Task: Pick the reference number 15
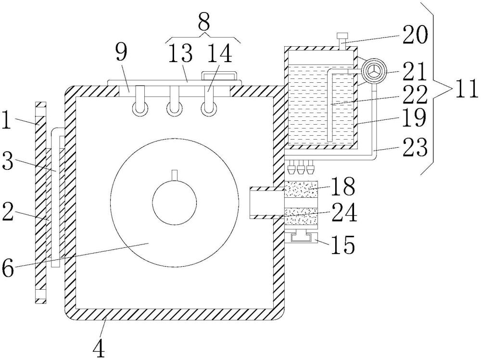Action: coord(343,245)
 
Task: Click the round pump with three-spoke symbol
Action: coord(374,72)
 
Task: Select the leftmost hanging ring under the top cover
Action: coord(140,109)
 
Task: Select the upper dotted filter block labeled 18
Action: coord(301,189)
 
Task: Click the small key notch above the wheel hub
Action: coord(175,174)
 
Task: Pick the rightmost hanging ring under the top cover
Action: coord(208,109)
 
